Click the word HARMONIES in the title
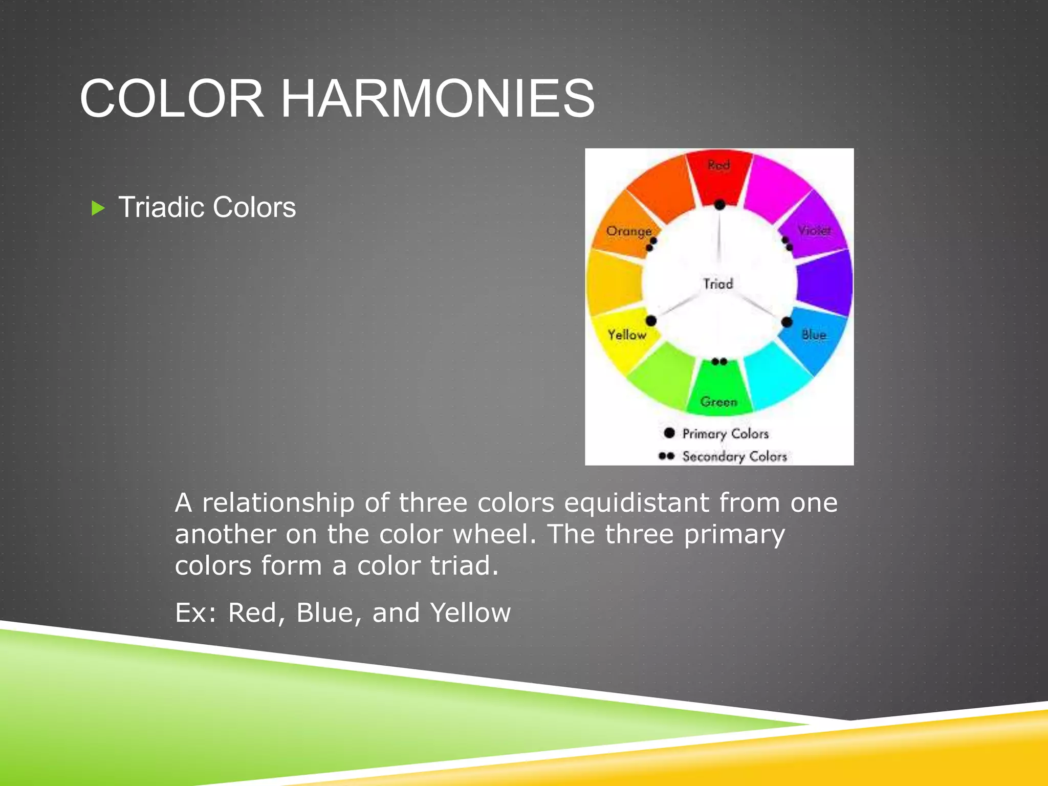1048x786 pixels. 438,98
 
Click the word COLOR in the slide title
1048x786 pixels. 172,98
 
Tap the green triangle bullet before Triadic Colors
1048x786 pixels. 98,208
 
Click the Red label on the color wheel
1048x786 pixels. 718,165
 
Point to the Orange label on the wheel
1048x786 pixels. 628,231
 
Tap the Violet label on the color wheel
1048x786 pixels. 814,230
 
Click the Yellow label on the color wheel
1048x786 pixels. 627,335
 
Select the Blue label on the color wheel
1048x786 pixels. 814,335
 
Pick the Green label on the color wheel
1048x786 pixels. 719,402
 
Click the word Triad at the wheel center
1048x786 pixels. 718,283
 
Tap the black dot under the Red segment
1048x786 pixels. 719,205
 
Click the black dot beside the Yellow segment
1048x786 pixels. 651,321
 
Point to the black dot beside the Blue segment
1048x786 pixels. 787,322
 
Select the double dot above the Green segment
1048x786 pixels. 719,362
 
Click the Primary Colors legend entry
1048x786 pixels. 725,433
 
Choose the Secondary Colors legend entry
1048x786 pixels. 734,456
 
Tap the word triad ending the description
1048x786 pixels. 463,565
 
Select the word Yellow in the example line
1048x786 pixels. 470,613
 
